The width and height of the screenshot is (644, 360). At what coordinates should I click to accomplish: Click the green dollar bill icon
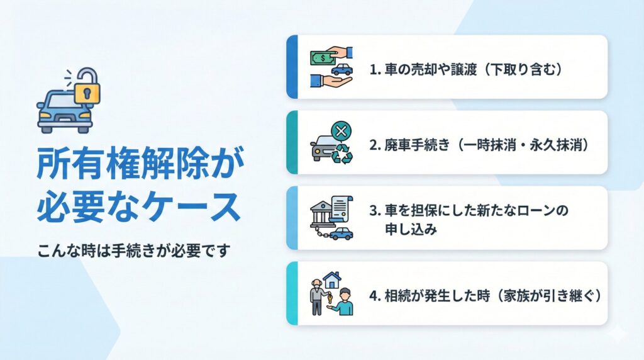tap(323, 58)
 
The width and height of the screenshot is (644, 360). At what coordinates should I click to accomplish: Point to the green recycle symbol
tap(341, 154)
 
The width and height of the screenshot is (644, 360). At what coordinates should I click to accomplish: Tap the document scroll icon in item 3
tap(341, 210)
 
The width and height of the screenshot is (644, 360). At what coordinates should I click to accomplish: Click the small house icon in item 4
tap(332, 280)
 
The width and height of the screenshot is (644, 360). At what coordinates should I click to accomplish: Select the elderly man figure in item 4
tap(317, 296)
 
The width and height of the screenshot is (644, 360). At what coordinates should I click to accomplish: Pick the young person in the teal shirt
tap(344, 302)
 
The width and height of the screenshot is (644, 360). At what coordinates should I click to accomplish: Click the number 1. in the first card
tap(375, 70)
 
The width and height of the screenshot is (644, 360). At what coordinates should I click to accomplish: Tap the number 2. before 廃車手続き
tap(375, 145)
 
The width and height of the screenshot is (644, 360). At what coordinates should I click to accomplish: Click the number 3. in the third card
tap(375, 211)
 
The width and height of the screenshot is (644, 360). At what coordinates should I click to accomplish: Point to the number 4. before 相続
tap(375, 296)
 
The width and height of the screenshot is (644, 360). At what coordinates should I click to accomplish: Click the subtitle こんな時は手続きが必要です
tap(134, 250)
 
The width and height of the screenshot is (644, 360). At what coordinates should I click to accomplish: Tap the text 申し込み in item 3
tap(411, 229)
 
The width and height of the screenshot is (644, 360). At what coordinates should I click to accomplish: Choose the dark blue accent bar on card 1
tap(292, 67)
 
